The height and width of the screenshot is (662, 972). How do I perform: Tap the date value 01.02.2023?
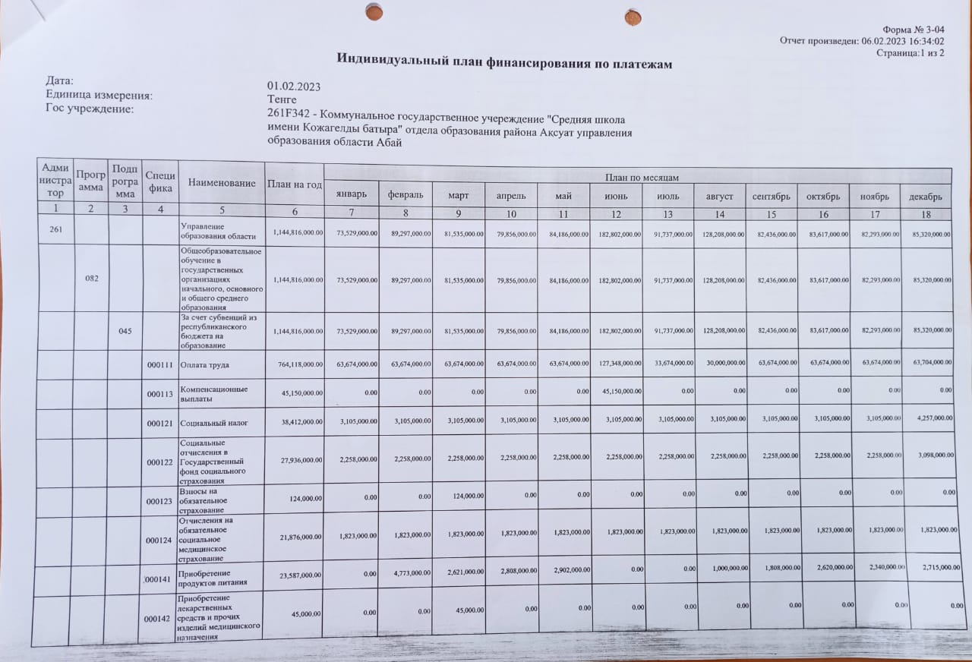[294, 86]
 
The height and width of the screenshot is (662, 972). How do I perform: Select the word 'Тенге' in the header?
[282, 99]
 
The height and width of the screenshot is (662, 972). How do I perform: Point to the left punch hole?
[374, 12]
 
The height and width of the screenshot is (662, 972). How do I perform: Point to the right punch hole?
[633, 17]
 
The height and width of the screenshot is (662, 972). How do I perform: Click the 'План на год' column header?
[295, 184]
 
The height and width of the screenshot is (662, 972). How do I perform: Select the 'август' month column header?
[719, 197]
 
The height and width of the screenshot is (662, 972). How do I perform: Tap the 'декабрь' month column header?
[926, 197]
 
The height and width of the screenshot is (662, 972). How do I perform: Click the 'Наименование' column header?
[222, 183]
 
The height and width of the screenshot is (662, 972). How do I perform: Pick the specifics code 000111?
[160, 364]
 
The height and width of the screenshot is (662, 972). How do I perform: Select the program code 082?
[91, 279]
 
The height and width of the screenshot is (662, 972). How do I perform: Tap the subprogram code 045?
[125, 331]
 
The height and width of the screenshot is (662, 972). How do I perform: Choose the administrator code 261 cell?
[56, 230]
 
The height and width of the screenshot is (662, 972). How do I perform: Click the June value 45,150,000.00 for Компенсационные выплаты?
[617, 392]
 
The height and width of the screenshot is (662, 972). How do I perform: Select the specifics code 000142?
[159, 619]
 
